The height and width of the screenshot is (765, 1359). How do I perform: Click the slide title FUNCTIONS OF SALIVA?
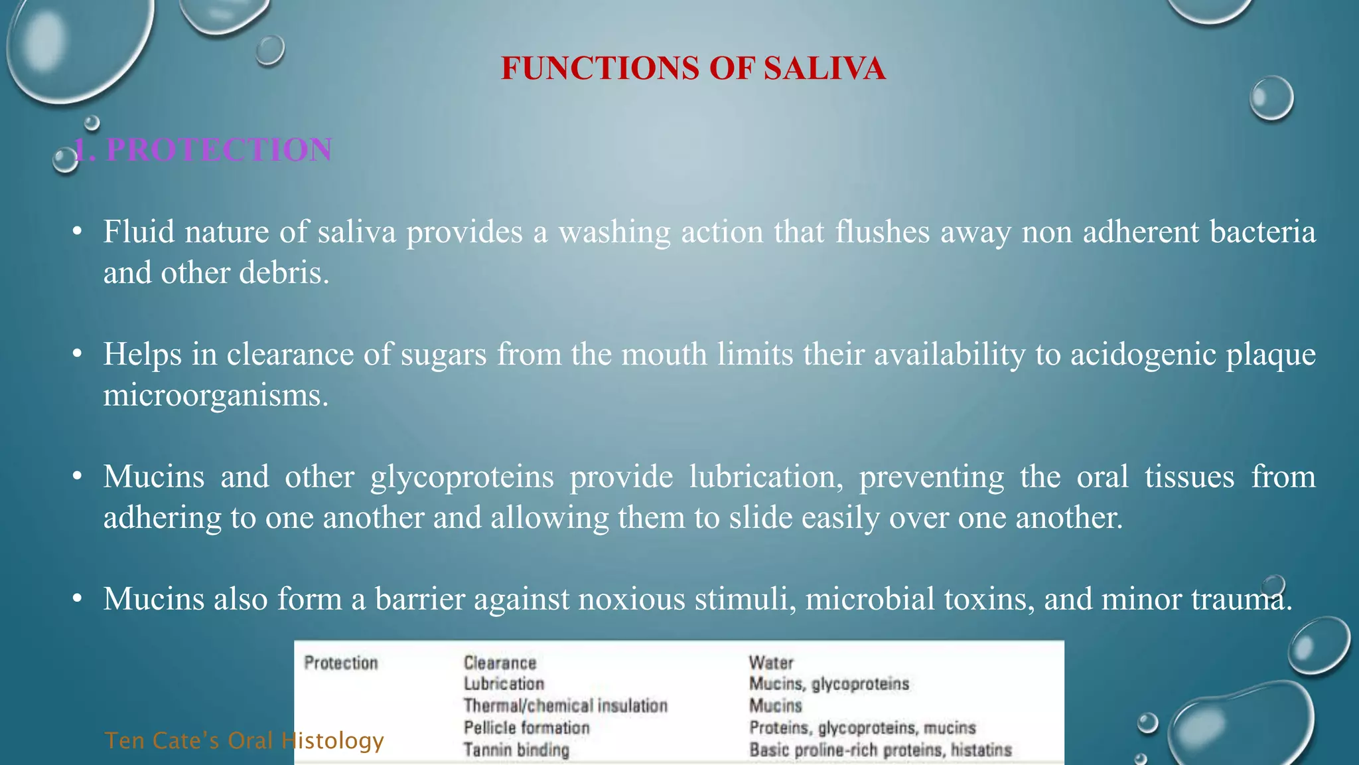click(693, 68)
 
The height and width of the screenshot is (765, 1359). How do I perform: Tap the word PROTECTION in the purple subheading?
click(219, 150)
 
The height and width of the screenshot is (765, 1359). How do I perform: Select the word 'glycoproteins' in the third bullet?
click(462, 477)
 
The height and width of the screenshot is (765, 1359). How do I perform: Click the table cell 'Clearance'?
click(500, 663)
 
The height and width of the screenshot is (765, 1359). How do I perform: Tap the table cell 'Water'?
click(771, 663)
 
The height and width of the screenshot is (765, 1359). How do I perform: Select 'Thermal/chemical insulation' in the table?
click(565, 705)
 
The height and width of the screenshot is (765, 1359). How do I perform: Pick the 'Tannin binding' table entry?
click(516, 750)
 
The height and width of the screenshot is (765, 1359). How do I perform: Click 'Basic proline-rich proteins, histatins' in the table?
click(881, 750)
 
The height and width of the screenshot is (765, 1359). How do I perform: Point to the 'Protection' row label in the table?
click(341, 663)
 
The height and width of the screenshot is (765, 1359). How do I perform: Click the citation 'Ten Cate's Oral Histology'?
click(244, 740)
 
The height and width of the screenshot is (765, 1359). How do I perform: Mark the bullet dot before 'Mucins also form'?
click(78, 600)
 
